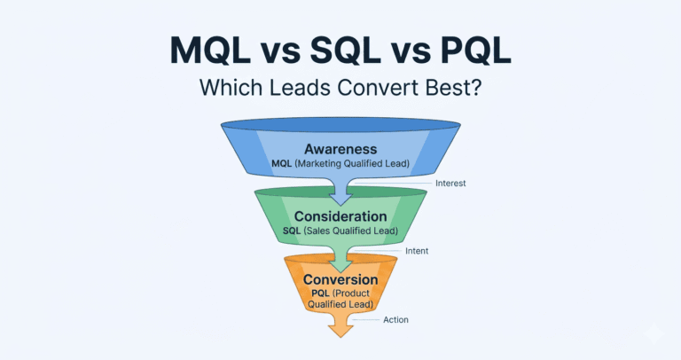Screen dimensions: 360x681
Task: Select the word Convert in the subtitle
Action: tap(374, 88)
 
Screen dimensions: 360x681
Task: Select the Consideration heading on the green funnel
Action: tap(340, 215)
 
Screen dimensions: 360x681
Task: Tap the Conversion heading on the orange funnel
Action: tap(340, 279)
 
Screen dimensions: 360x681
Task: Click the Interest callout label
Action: tap(450, 184)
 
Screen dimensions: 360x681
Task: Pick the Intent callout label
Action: tap(416, 251)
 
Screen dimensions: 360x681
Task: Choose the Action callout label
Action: tap(396, 319)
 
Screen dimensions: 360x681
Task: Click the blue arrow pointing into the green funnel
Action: tap(340, 188)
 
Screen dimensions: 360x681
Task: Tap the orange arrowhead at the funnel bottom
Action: tap(340, 330)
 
